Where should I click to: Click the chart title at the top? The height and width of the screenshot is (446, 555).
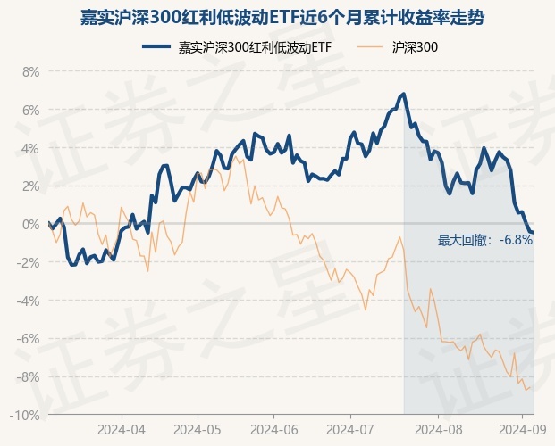277,17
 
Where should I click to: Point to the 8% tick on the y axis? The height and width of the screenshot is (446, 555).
29,71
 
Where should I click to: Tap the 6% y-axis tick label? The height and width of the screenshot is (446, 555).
29,110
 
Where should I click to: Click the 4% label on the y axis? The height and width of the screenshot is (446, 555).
29,148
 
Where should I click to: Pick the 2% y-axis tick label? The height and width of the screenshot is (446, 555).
29,186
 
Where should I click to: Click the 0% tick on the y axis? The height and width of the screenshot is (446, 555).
29,225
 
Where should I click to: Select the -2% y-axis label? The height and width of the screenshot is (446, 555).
28,262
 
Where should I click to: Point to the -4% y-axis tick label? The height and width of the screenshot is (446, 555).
28,301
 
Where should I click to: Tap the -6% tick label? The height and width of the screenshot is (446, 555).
28,339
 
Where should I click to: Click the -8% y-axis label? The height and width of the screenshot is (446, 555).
28,377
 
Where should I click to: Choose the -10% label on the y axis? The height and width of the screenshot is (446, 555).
25,416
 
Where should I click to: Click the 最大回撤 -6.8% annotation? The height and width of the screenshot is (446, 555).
485,240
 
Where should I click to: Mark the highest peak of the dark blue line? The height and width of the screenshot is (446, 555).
404,93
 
